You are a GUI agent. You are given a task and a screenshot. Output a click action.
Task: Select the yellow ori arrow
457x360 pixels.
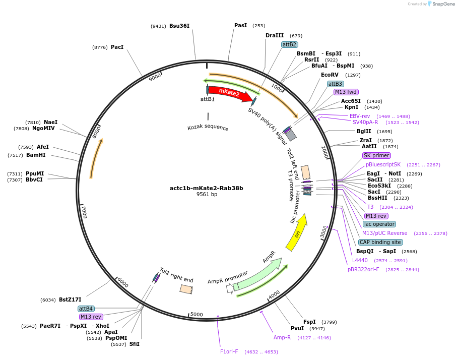[297, 232]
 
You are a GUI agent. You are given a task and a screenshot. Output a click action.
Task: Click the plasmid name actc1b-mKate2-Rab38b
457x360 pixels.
[207, 188]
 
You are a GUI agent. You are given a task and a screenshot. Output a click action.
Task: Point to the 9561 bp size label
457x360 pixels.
[207, 195]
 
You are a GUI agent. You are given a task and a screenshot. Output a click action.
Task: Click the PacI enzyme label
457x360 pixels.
[117, 47]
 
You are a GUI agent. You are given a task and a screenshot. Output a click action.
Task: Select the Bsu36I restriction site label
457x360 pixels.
[179, 26]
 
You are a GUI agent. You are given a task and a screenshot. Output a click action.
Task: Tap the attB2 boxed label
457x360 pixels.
[289, 44]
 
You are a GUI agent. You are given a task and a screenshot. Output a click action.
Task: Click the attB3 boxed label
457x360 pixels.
[335, 84]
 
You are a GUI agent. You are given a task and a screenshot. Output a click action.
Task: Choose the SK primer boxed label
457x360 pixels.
[376, 155]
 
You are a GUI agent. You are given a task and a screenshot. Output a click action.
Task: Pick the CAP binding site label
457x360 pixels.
[380, 242]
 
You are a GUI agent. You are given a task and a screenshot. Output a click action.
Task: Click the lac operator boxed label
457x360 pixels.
[379, 224]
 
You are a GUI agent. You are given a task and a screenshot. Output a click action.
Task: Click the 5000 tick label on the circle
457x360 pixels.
[197, 315]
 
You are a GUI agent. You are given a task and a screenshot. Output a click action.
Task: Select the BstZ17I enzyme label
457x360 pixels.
[70, 299]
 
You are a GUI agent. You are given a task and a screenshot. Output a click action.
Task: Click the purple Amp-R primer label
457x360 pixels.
[282, 337]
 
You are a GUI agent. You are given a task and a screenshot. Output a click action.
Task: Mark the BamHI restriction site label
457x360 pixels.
[36, 155]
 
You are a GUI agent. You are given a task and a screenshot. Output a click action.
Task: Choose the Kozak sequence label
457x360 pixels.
[208, 128]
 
